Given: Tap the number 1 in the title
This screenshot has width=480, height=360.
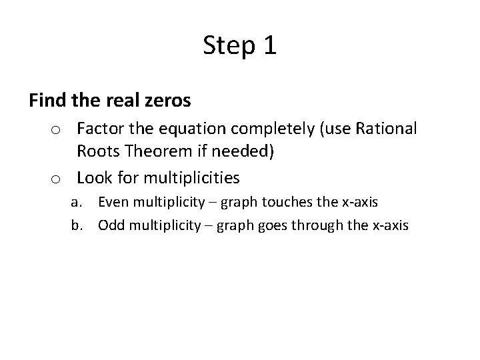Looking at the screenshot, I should pos(269,46).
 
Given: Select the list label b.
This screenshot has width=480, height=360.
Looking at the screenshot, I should pos(78,225).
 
